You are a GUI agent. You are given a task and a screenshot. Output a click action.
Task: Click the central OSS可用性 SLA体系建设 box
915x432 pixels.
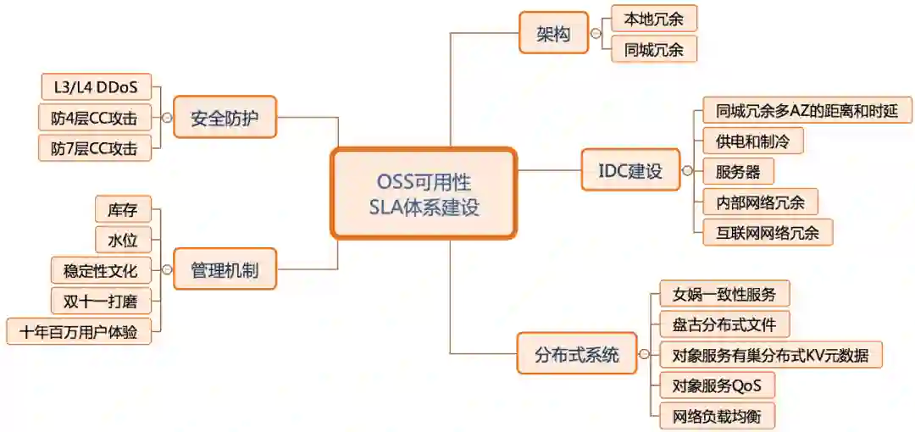424,194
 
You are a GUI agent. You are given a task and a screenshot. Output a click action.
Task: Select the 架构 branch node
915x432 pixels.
553,34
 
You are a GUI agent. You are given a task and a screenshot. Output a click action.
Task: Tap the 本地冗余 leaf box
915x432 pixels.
653,18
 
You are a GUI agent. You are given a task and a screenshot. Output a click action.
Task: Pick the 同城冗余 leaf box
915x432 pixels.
653,49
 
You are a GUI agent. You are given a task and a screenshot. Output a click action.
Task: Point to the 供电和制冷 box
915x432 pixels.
752,141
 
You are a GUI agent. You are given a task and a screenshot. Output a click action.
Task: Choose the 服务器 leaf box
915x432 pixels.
738,172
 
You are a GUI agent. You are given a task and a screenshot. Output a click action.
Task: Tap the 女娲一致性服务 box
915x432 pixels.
724,294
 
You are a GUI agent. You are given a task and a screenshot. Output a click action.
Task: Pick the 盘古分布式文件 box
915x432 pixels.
724,324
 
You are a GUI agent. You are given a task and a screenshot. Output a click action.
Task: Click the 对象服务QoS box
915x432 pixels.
717,385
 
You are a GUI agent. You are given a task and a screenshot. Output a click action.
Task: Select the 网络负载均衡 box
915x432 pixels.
717,416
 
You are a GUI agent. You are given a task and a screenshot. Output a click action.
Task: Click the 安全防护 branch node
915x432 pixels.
224,118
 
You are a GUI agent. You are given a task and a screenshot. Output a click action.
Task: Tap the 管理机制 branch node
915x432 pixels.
224,269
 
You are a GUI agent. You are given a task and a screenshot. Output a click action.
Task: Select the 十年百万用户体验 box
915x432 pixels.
79,331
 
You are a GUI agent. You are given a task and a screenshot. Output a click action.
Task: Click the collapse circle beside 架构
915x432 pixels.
596,34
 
